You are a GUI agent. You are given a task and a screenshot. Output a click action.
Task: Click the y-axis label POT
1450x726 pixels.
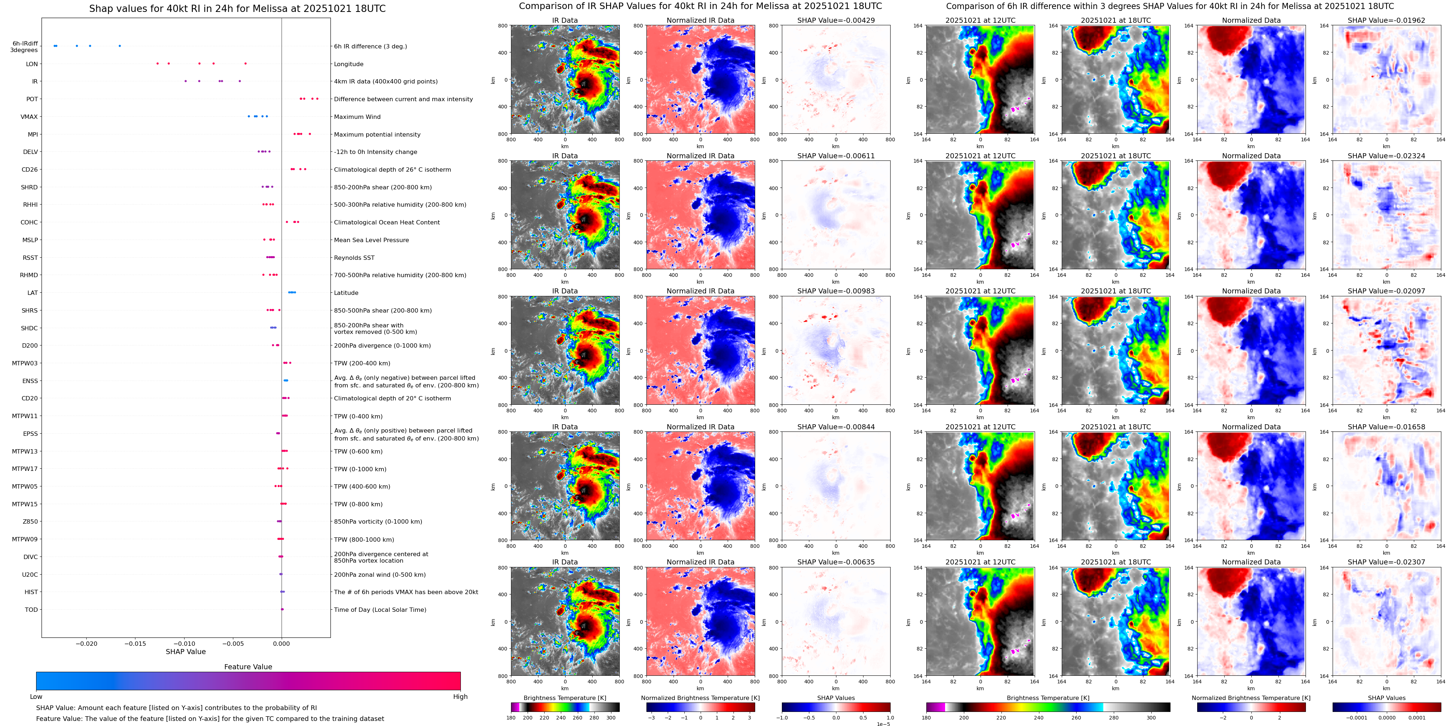[32, 99]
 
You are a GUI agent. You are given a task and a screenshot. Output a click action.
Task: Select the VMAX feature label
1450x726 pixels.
[29, 117]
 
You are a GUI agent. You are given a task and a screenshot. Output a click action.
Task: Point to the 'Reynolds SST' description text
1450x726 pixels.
[354, 258]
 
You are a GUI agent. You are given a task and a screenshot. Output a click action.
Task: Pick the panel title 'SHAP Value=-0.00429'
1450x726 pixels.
[836, 20]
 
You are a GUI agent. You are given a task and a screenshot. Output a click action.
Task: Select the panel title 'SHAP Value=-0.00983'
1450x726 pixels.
[836, 291]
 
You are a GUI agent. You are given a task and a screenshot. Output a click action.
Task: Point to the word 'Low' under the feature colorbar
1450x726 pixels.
[36, 697]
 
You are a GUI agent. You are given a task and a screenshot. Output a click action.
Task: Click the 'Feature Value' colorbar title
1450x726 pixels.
[248, 667]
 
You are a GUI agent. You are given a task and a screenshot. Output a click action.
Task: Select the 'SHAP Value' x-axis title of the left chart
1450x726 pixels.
[186, 652]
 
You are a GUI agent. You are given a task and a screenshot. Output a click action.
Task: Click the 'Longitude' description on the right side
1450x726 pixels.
[349, 64]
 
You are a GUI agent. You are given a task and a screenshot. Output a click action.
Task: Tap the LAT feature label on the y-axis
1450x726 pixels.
[33, 293]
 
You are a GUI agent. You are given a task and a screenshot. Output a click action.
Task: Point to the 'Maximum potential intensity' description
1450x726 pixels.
[377, 134]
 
